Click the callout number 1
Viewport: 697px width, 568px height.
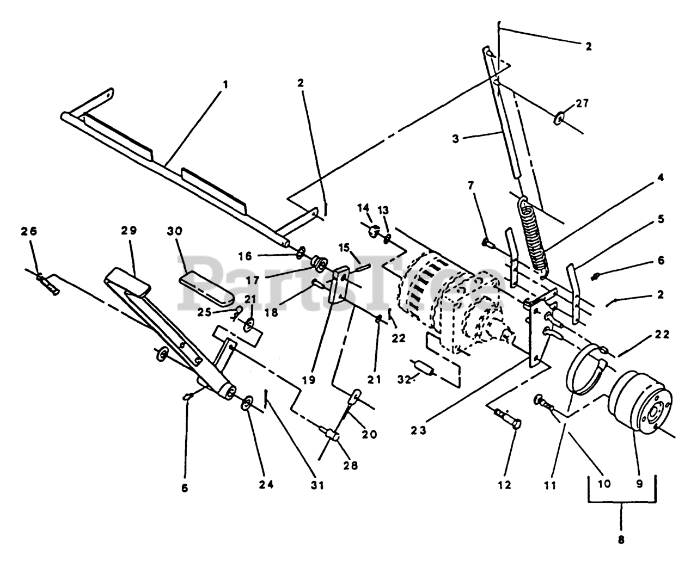pyautogui.click(x=225, y=85)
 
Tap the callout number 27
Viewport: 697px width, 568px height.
pyautogui.click(x=582, y=103)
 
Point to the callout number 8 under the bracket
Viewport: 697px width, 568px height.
pyautogui.click(x=621, y=540)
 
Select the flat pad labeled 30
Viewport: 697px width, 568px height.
pyautogui.click(x=206, y=288)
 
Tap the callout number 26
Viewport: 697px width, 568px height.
pyautogui.click(x=29, y=231)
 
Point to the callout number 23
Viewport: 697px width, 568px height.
pyautogui.click(x=419, y=430)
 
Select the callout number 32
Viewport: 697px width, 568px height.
pyautogui.click(x=404, y=380)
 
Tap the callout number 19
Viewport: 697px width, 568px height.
pyautogui.click(x=309, y=380)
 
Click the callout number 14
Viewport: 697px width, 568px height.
pyautogui.click(x=363, y=208)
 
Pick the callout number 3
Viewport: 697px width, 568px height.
pyautogui.click(x=456, y=139)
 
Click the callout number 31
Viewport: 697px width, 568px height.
pyautogui.click(x=317, y=485)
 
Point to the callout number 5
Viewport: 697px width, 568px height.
pyautogui.click(x=661, y=219)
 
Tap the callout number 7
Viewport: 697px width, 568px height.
pyautogui.click(x=470, y=186)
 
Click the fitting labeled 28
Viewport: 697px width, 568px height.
pyautogui.click(x=328, y=434)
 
